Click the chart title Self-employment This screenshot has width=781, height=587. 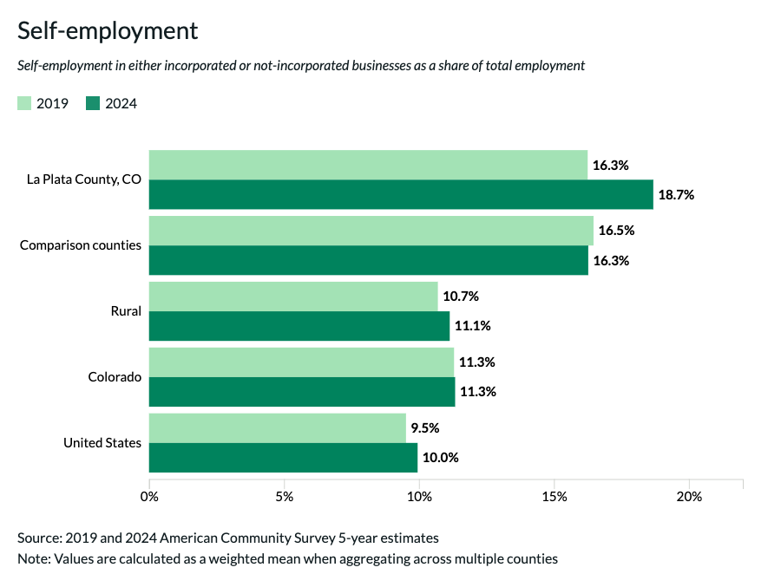coord(108,31)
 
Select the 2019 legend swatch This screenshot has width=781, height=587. coord(24,104)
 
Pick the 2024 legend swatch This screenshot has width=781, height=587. coord(93,104)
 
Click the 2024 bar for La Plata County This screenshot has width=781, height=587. coord(400,194)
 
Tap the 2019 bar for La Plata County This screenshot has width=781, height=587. coord(368,165)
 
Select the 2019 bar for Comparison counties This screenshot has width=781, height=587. coord(371,231)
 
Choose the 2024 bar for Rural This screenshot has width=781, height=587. coord(299,326)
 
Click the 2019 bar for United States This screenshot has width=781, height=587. coord(278,427)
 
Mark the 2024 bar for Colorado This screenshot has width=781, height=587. coord(302,392)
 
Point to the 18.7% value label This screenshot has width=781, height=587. coord(676,195)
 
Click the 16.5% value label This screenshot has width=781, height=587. coord(616,231)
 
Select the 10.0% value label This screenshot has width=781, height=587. coord(440,458)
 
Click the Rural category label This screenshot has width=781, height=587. coord(127,311)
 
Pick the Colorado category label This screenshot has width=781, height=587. coord(115,377)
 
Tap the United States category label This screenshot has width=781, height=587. coord(102,443)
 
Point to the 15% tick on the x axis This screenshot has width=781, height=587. coord(555,497)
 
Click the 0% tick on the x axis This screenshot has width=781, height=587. coord(149,497)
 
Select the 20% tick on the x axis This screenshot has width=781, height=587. coord(689,497)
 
